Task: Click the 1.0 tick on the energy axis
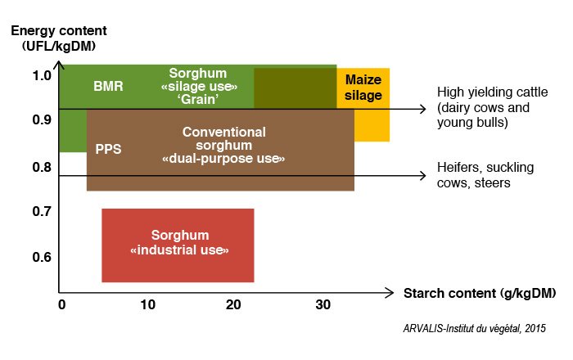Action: click(x=42, y=75)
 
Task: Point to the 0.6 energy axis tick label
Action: click(x=42, y=257)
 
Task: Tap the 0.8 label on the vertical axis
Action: click(x=42, y=167)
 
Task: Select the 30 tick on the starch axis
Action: click(x=323, y=304)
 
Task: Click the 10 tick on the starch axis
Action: click(x=147, y=304)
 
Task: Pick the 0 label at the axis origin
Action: click(x=62, y=304)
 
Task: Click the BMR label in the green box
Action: click(x=108, y=87)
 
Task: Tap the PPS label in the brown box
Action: click(x=108, y=149)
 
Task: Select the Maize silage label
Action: click(x=363, y=88)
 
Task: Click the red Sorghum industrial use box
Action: click(x=178, y=245)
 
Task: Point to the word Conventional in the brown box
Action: click(x=224, y=133)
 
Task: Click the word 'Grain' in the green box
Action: click(x=199, y=99)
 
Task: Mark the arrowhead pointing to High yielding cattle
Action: click(x=423, y=109)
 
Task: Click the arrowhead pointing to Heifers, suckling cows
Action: click(x=423, y=176)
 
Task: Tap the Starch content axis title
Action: click(x=480, y=293)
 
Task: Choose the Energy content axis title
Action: click(x=59, y=38)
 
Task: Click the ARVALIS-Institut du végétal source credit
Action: click(x=474, y=328)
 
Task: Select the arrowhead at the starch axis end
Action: click(x=390, y=292)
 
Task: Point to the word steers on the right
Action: click(x=492, y=182)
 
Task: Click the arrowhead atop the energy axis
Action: click(x=59, y=65)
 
